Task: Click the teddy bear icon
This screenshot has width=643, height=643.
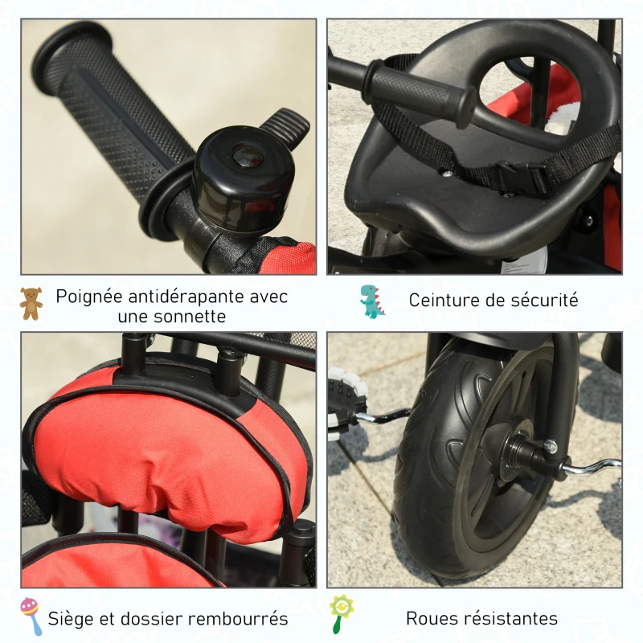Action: [x=31, y=303]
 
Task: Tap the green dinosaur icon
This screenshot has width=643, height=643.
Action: [x=371, y=301]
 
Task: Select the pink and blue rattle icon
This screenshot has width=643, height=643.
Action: [x=31, y=616]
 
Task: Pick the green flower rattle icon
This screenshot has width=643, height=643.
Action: [x=341, y=614]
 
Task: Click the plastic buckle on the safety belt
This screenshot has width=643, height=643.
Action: [x=519, y=174]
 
